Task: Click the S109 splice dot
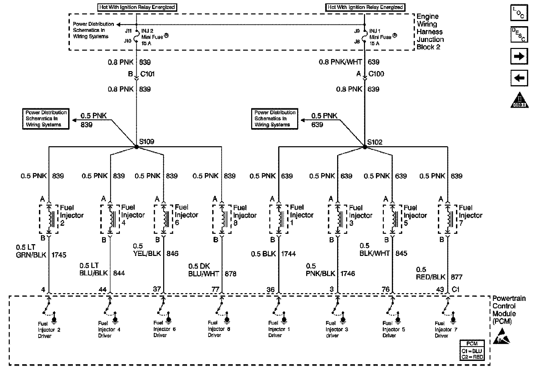(136, 147)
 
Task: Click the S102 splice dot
(365, 147)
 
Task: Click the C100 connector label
(376, 74)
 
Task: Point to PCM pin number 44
(102, 289)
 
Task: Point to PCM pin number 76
(385, 289)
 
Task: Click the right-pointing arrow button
(519, 56)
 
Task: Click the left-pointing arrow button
(519, 78)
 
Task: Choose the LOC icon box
(519, 13)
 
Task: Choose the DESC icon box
(519, 35)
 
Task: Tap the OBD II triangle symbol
(519, 100)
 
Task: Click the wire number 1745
(59, 255)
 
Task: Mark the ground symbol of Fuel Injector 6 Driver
(169, 318)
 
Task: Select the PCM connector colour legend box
(472, 351)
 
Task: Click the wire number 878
(230, 274)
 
